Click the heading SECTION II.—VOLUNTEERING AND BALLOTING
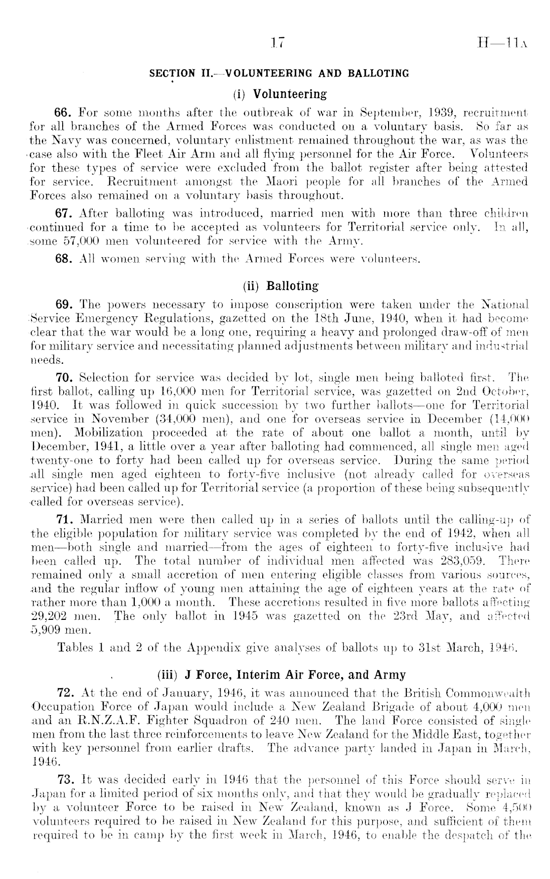coord(279,74)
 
